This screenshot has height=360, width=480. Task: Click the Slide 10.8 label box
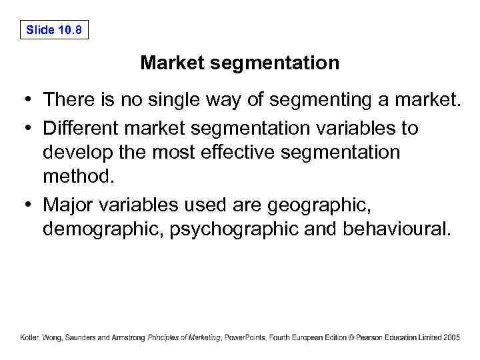pos(53,29)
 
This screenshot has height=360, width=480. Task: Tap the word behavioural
pos(396,229)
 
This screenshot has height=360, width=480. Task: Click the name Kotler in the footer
pos(29,337)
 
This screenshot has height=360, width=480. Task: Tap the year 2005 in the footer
pos(451,337)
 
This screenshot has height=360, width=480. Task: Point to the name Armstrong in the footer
pos(129,337)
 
